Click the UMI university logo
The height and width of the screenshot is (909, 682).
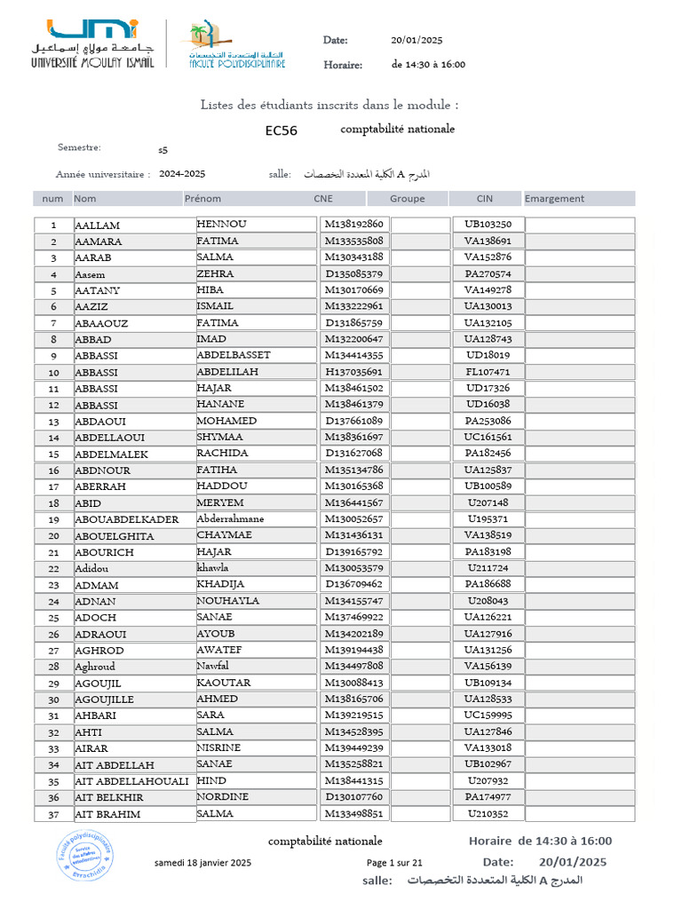[x=92, y=43]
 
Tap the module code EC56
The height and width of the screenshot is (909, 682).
[x=282, y=131]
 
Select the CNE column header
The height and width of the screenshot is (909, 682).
[x=323, y=199]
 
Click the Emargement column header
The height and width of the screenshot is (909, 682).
[x=554, y=199]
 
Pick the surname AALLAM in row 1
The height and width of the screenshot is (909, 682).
[x=98, y=225]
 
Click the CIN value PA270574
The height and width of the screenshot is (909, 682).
[x=488, y=274]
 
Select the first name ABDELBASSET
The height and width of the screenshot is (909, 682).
[x=234, y=355]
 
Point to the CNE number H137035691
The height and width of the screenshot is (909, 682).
[x=353, y=372]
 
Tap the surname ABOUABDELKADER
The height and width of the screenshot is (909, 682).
[x=127, y=519]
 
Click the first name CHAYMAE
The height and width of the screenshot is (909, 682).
[x=225, y=535]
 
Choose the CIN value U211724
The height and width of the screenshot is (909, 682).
[x=488, y=568]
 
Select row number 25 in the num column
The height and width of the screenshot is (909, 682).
[x=54, y=617]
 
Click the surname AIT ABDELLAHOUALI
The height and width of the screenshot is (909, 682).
[x=132, y=781]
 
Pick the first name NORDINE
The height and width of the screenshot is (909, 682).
[x=223, y=797]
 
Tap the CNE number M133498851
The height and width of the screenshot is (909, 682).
[x=353, y=814]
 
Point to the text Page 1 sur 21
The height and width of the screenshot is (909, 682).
[x=394, y=863]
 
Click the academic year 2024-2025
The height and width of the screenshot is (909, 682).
[x=182, y=174]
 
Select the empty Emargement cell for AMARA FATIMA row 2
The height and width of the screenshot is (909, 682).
[x=580, y=241]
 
